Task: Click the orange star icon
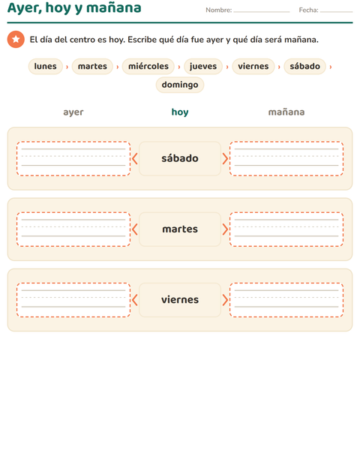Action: tap(16, 39)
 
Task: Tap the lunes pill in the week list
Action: tap(45, 66)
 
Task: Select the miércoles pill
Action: tap(148, 66)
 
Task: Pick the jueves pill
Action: tap(203, 66)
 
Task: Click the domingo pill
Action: tap(180, 85)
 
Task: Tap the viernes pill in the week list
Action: tap(253, 66)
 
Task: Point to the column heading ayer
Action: tap(73, 112)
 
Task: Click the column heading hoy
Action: tap(180, 112)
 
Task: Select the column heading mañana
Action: tap(286, 112)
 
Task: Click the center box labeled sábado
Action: tap(180, 158)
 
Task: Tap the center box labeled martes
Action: tap(180, 229)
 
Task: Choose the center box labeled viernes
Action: tap(180, 299)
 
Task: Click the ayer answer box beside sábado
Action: tap(73, 158)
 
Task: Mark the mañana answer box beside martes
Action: tap(286, 229)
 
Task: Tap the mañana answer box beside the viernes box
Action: tap(286, 299)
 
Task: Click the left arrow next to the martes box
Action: tap(134, 229)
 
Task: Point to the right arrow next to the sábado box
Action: tap(225, 159)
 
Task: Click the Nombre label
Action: tap(219, 10)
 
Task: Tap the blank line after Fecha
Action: tap(336, 12)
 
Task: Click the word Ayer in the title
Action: tap(25, 8)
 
